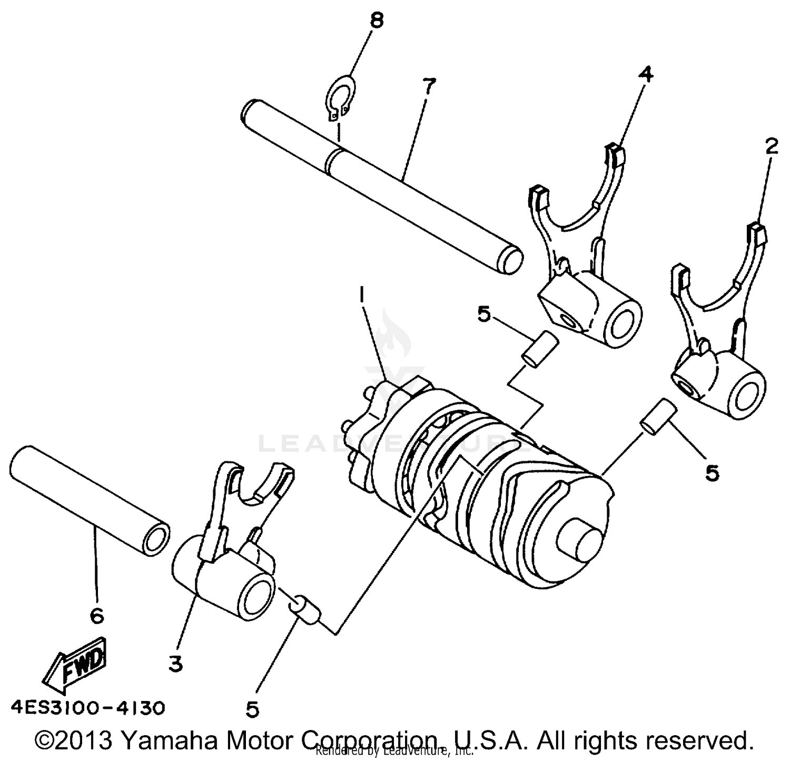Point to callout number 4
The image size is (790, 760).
point(645,75)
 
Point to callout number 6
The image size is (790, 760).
point(97,615)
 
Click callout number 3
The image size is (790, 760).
point(175,665)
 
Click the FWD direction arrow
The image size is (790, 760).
point(76,665)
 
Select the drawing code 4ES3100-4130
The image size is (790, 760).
point(87,707)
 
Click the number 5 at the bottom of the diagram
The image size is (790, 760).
point(252,710)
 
